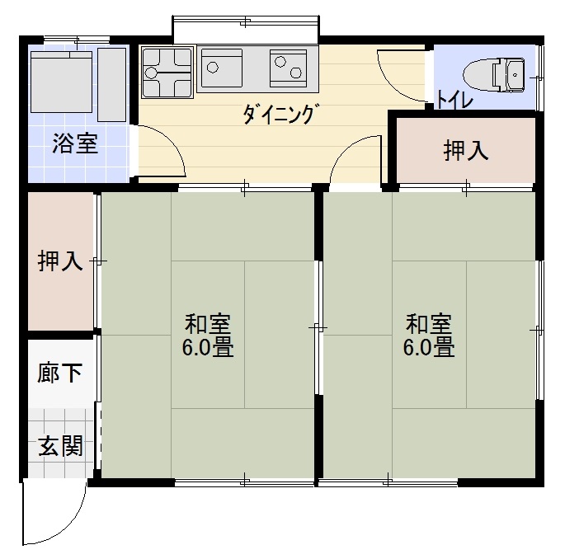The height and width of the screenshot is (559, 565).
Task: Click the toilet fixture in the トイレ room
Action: (493, 75)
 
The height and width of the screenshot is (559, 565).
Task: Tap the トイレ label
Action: (454, 100)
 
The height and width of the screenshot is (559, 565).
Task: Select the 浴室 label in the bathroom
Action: (75, 143)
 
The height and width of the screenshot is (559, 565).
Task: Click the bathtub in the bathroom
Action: (61, 82)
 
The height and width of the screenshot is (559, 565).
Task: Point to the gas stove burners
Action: (167, 72)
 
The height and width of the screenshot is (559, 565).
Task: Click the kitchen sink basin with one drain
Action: (222, 68)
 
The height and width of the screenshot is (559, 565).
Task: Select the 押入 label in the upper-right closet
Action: (466, 150)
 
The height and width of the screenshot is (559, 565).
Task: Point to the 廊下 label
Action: (60, 373)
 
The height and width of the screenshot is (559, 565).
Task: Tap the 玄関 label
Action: (60, 445)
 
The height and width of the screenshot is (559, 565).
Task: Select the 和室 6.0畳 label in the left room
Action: (208, 335)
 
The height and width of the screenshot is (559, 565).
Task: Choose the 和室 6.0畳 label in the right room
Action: (429, 335)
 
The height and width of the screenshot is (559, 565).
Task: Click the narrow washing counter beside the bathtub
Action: (111, 85)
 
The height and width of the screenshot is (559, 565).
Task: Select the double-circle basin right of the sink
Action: (288, 68)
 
